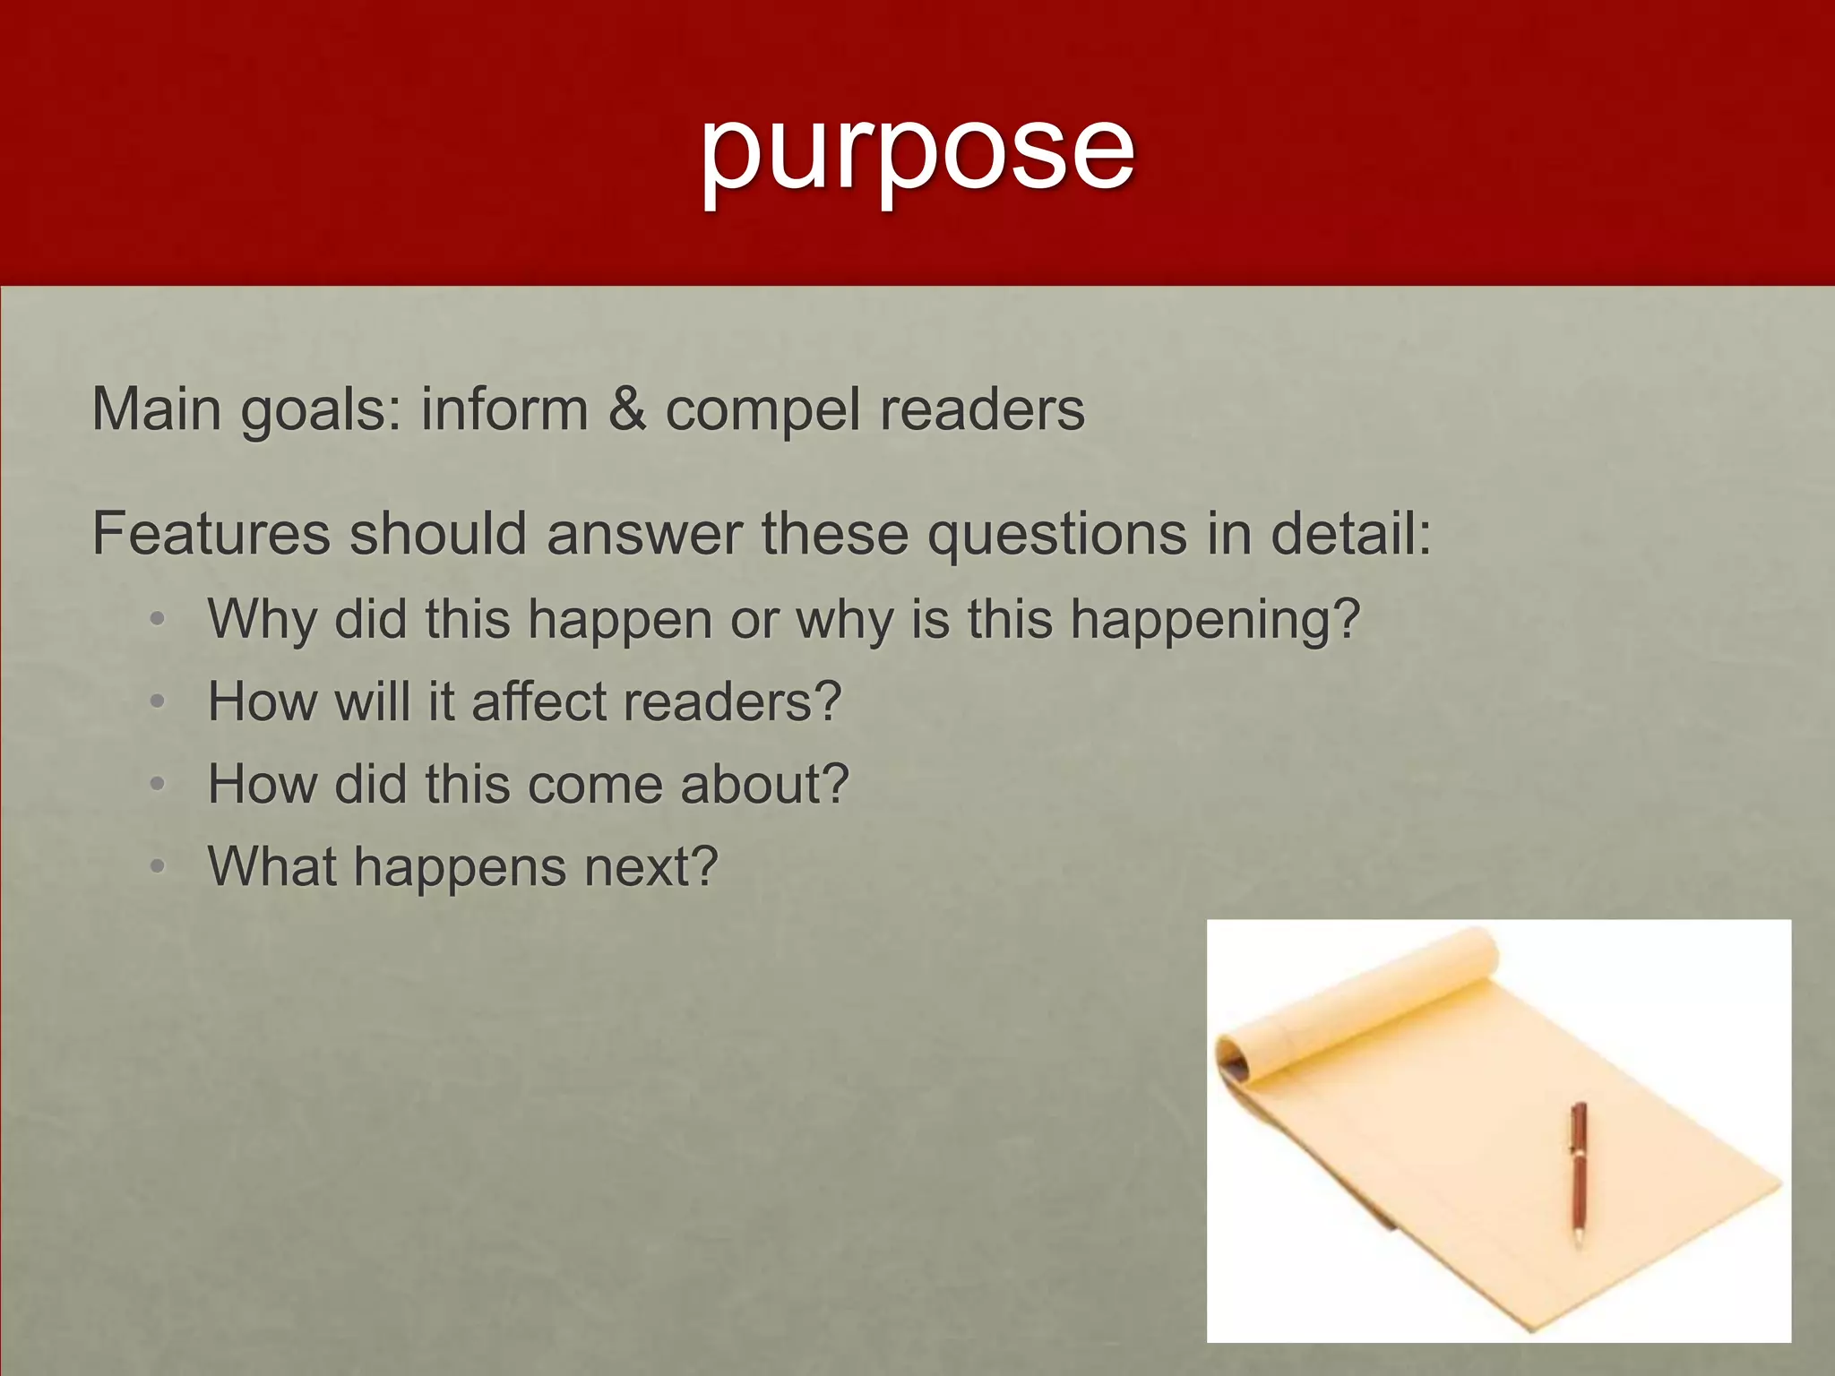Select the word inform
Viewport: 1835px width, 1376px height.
(x=504, y=409)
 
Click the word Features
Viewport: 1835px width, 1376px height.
(x=211, y=534)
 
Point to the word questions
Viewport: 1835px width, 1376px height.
(x=1057, y=536)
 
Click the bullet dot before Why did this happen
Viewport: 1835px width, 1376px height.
(x=158, y=620)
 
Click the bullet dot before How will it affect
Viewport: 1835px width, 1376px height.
(x=158, y=702)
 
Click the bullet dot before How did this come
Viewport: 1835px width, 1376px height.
(x=158, y=785)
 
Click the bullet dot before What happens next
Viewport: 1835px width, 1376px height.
(x=158, y=867)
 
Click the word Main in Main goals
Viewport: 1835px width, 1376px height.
(x=157, y=409)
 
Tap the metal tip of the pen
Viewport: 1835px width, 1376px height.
(x=1578, y=1241)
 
